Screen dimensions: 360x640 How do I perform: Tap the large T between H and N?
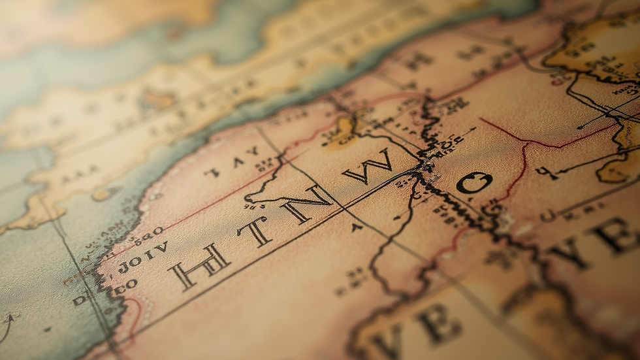(255, 231)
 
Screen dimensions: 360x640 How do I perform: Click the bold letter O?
(474, 183)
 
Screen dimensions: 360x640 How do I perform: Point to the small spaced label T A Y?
(232, 163)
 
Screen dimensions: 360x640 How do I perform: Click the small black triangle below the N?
(356, 227)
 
